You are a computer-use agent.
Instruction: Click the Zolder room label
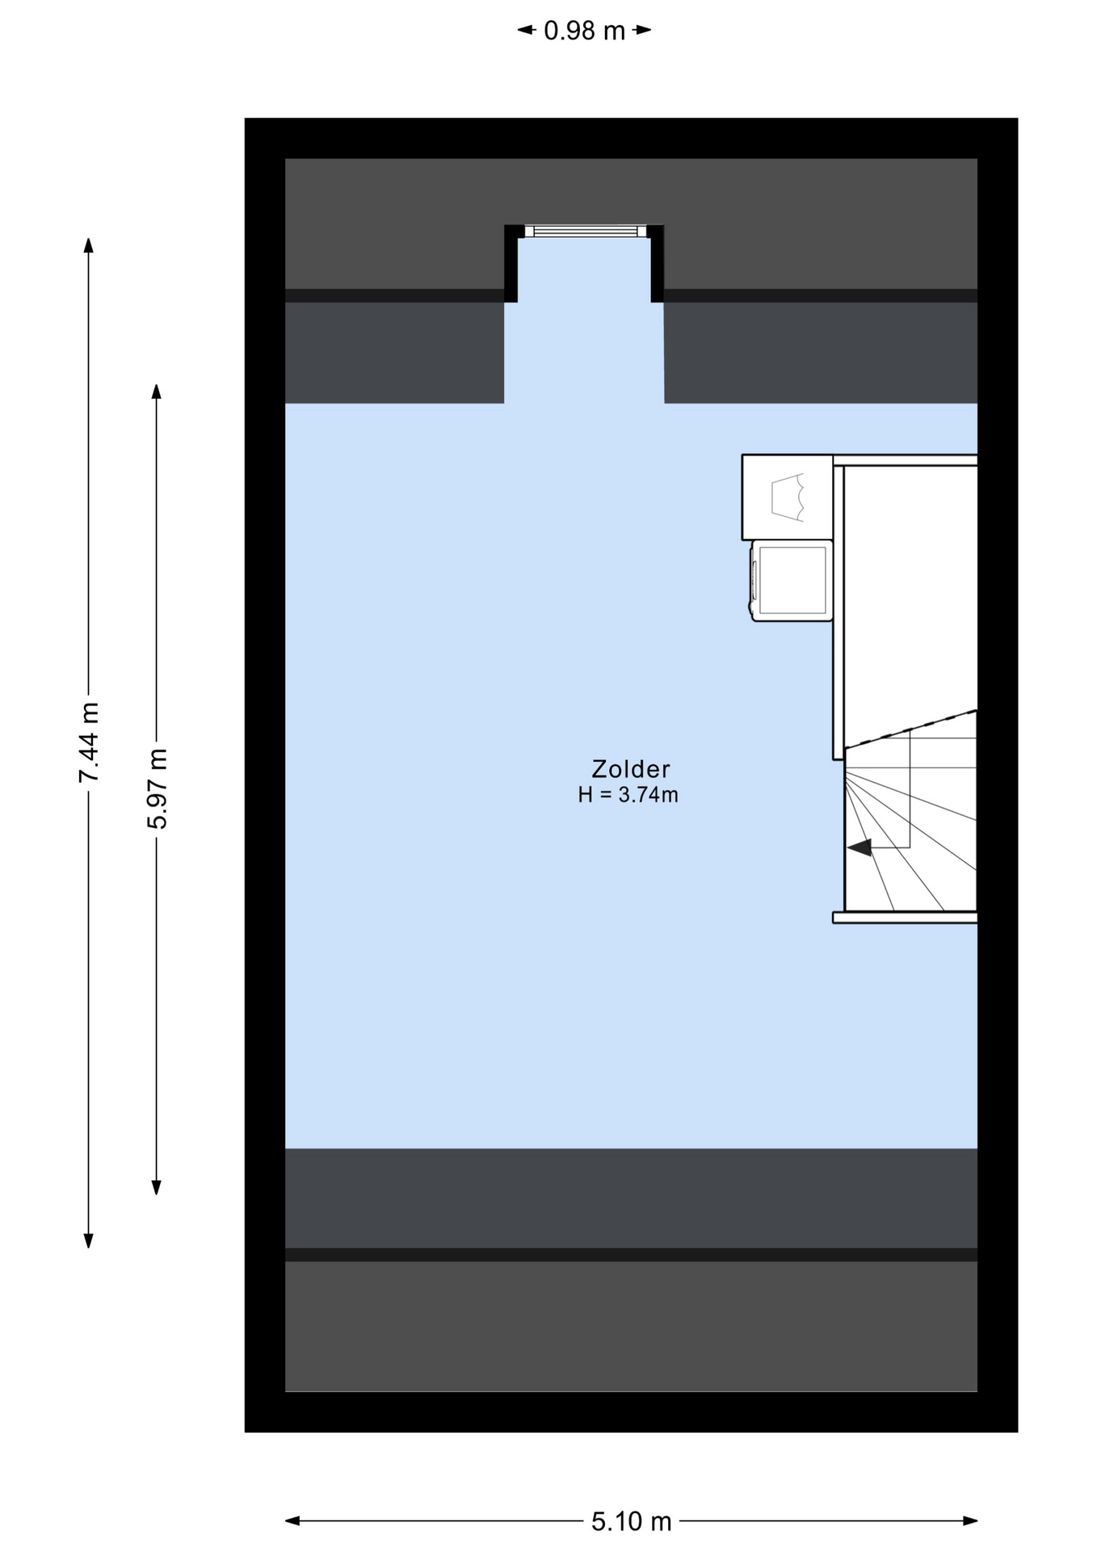pyautogui.click(x=630, y=768)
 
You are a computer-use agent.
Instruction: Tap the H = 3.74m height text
pyautogui.click(x=628, y=795)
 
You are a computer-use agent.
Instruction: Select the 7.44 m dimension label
pyautogui.click(x=89, y=742)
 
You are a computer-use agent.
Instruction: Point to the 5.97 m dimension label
pyautogui.click(x=157, y=788)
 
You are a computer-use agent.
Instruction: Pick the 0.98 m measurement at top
pyautogui.click(x=585, y=31)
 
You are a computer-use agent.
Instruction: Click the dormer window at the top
pyautogui.click(x=586, y=231)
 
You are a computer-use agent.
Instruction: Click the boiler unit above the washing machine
pyautogui.click(x=788, y=498)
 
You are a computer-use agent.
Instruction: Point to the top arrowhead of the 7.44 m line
pyautogui.click(x=89, y=245)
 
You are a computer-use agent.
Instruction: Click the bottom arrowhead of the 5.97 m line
pyautogui.click(x=157, y=1187)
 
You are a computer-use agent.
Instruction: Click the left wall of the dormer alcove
pyautogui.click(x=511, y=263)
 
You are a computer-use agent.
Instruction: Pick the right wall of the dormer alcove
pyautogui.click(x=658, y=263)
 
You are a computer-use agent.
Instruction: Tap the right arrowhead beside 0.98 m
pyautogui.click(x=643, y=31)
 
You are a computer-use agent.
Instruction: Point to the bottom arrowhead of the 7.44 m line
pyautogui.click(x=89, y=1240)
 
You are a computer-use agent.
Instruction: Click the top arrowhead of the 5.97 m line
pyautogui.click(x=157, y=391)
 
